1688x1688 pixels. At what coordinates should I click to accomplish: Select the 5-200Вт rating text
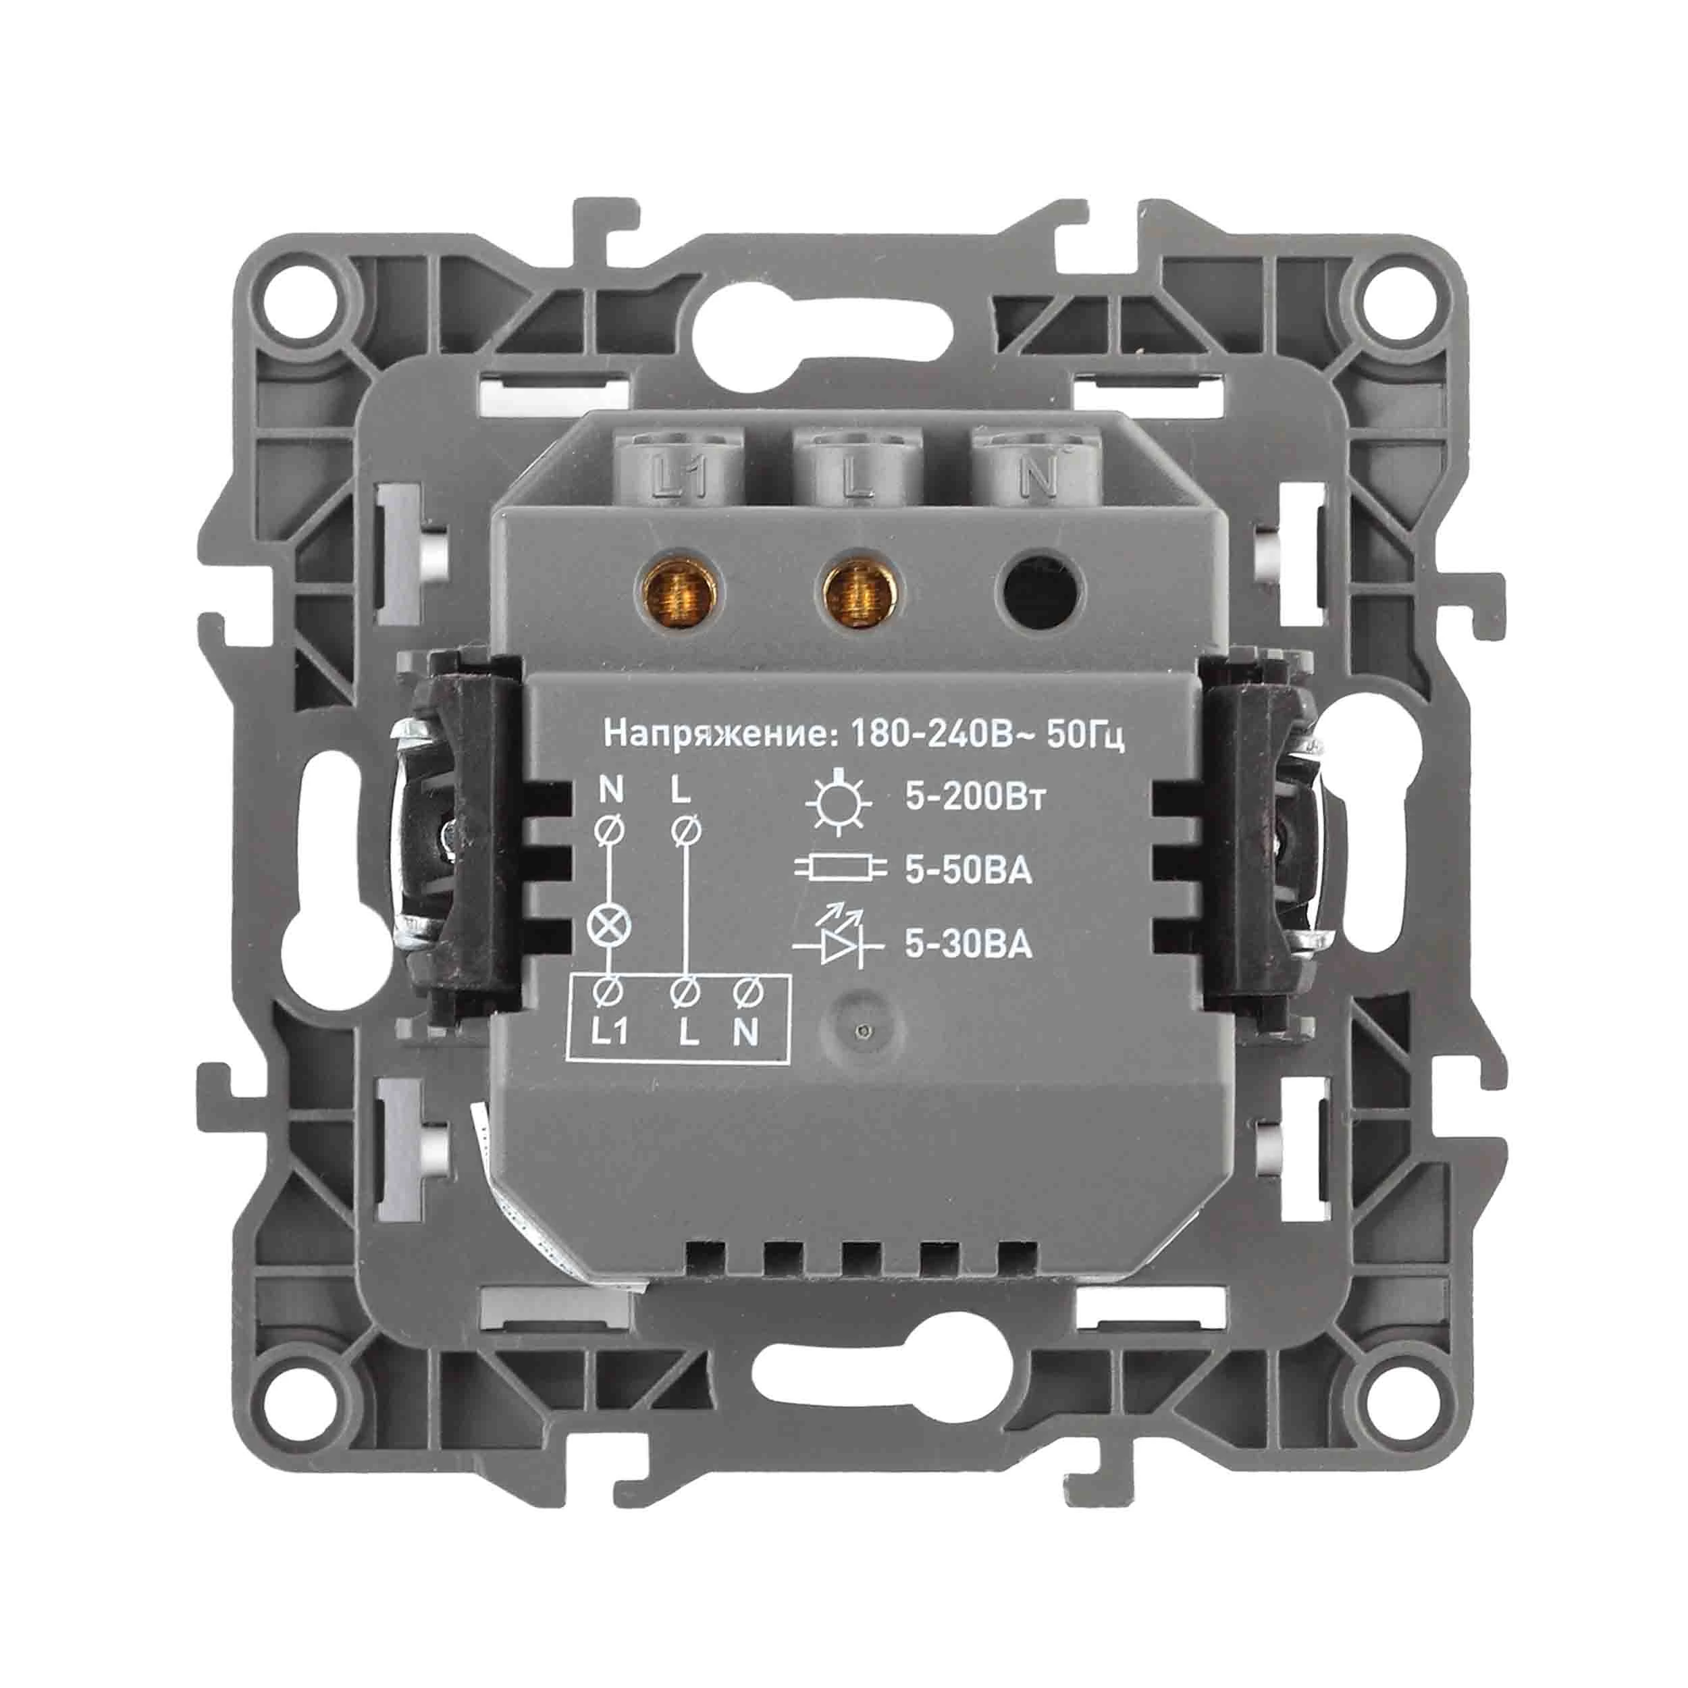pyautogui.click(x=974, y=799)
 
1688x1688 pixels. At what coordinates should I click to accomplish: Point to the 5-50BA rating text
pyautogui.click(x=968, y=871)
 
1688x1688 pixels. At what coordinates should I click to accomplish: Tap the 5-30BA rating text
pyautogui.click(x=968, y=944)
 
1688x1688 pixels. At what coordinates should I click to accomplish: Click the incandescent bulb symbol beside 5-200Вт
pyautogui.click(x=838, y=800)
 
